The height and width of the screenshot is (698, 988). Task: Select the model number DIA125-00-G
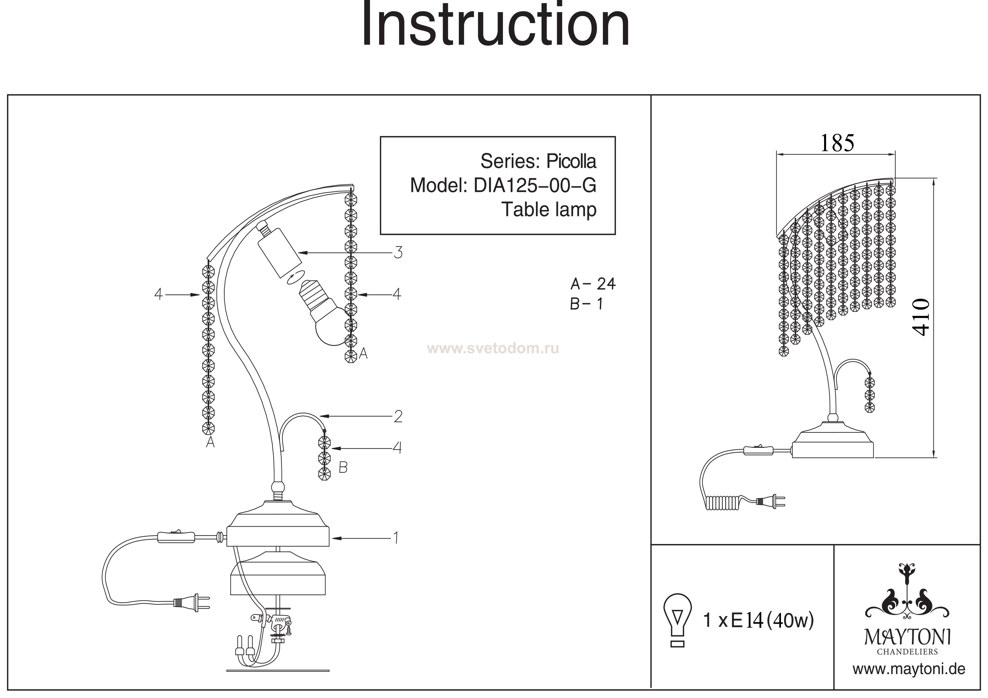coord(535,185)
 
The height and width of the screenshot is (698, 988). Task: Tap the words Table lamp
coord(549,210)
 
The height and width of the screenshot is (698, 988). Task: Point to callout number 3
coord(398,253)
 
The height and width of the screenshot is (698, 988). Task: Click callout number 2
coord(398,416)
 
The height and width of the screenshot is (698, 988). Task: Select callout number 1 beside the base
coord(395,538)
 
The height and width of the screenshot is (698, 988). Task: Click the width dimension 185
coord(836,143)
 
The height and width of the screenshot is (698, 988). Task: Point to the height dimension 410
coord(922,317)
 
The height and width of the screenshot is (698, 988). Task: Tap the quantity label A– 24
coord(593,284)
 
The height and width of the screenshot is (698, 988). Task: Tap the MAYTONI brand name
coord(907,638)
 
